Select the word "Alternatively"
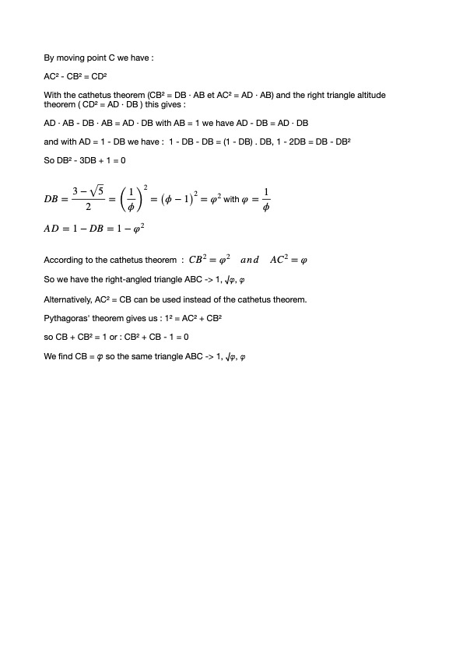tap(68, 299)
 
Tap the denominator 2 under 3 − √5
tap(88, 208)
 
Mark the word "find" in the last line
tap(65, 355)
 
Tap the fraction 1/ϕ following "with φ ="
tap(265, 199)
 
